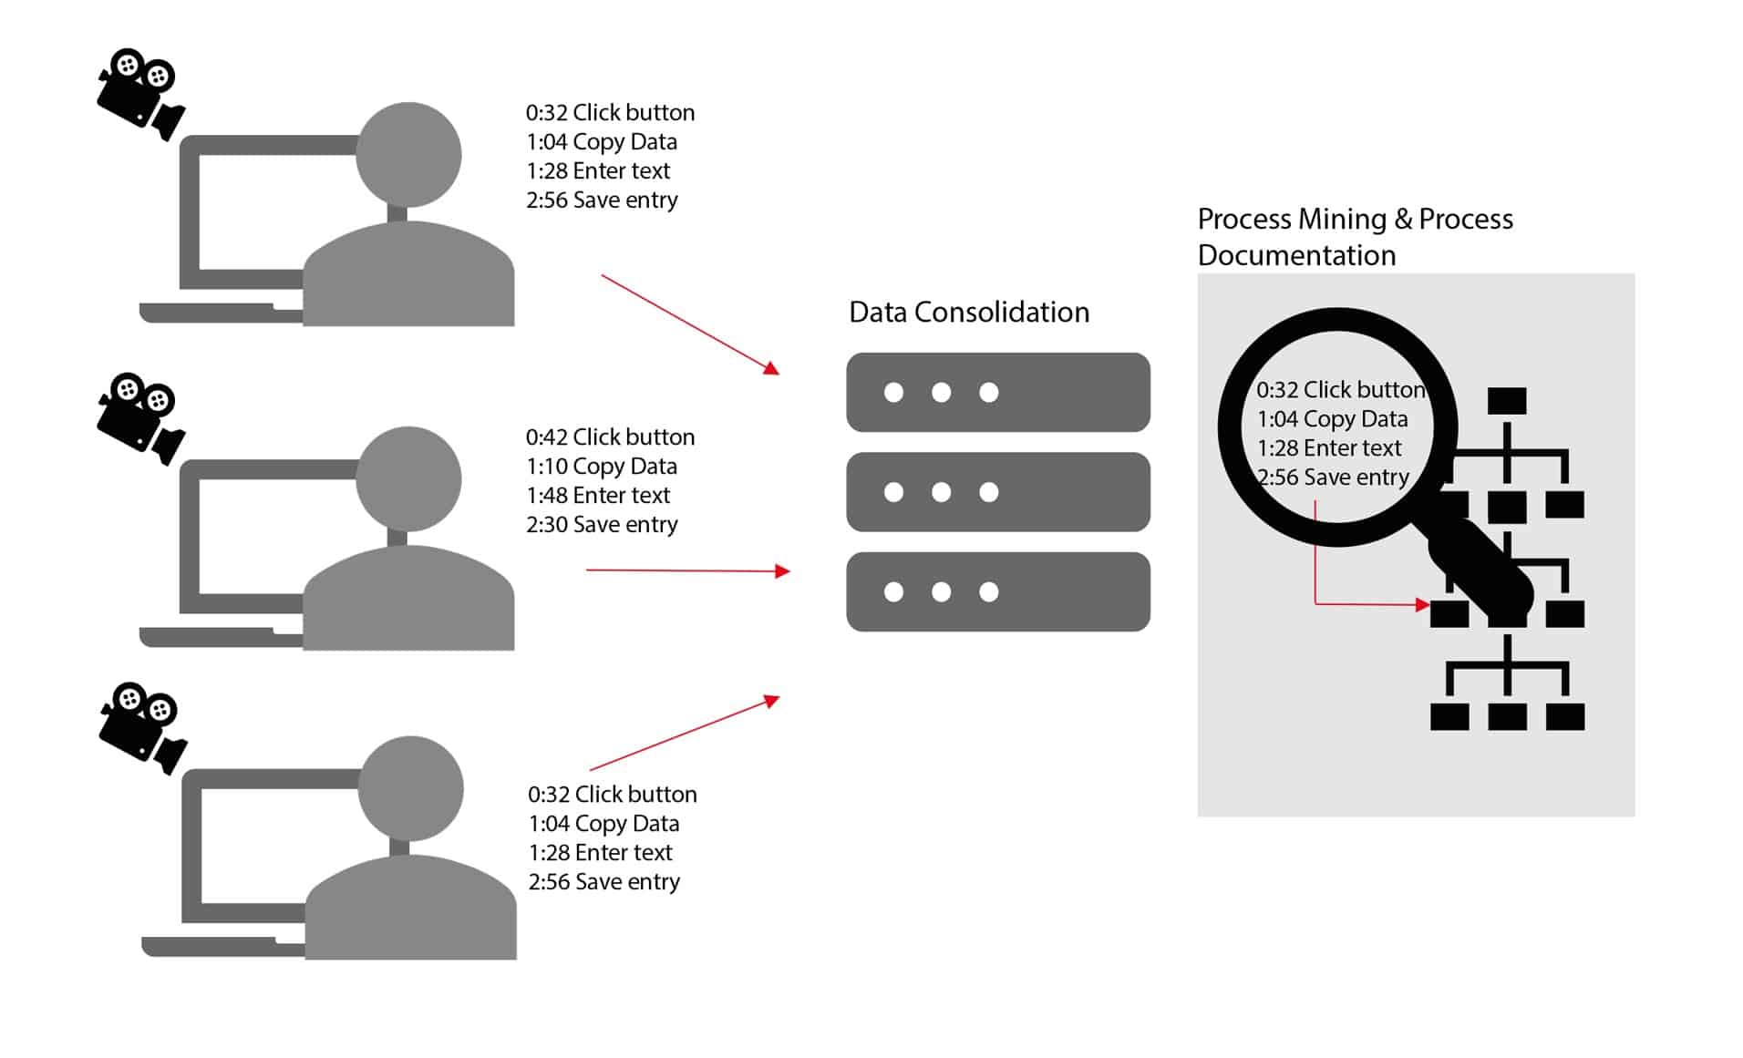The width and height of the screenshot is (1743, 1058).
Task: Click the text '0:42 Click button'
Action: click(x=610, y=437)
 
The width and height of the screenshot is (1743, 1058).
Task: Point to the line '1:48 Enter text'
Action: click(x=598, y=496)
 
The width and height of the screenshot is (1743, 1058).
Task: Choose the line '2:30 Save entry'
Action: click(x=602, y=525)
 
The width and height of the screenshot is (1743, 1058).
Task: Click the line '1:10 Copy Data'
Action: click(x=602, y=467)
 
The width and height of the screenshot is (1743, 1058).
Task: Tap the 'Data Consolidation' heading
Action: click(x=969, y=313)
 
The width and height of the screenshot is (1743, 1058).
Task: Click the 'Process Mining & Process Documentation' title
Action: click(x=1355, y=237)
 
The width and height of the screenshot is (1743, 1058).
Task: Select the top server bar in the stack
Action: click(x=997, y=393)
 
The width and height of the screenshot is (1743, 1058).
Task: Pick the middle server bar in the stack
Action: click(x=997, y=492)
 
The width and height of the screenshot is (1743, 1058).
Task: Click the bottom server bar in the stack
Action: click(x=997, y=592)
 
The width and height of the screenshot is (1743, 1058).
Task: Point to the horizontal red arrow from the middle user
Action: click(x=687, y=570)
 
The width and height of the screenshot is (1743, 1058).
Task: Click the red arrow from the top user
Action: click(x=689, y=324)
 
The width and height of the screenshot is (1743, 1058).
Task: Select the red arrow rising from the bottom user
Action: click(x=684, y=734)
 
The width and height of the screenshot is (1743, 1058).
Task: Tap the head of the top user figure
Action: click(x=408, y=155)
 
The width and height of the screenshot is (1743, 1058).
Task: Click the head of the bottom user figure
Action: click(x=410, y=789)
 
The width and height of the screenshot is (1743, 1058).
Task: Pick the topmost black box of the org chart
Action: click(x=1507, y=401)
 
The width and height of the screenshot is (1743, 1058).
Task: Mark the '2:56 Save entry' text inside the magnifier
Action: click(x=1333, y=478)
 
